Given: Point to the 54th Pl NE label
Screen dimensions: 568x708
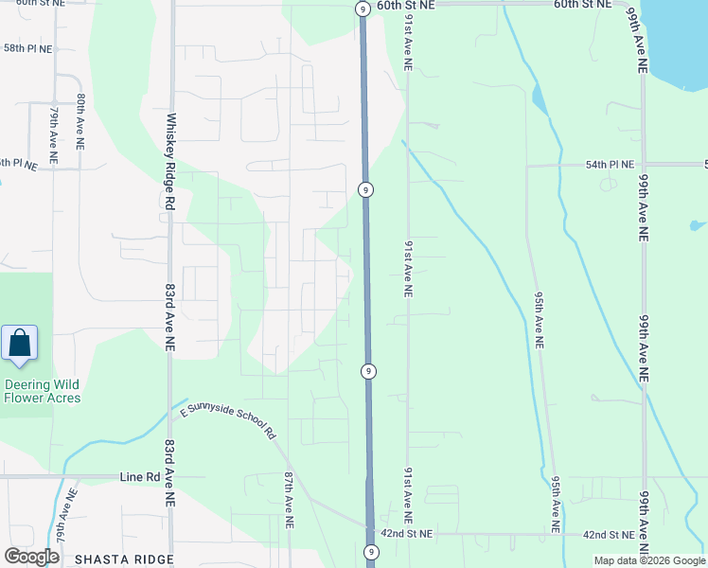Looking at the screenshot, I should point(609,164).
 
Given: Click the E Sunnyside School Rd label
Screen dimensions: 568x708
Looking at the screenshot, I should point(227,421).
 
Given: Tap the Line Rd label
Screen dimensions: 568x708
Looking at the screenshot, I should point(140,477).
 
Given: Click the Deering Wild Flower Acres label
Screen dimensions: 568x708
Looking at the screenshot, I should point(42,391).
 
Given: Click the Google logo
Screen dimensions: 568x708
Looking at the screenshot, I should point(31,557).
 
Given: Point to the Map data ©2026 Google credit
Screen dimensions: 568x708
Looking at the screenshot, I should point(648,560).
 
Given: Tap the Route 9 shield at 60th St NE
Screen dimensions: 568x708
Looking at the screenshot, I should point(362,9).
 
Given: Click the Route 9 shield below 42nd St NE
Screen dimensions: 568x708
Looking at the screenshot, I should point(371,551).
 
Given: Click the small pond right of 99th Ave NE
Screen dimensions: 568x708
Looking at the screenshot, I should point(698,225).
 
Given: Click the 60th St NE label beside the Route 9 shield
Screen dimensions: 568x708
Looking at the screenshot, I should point(405,6).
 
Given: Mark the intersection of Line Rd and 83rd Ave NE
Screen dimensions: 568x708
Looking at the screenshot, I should point(170,477).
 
